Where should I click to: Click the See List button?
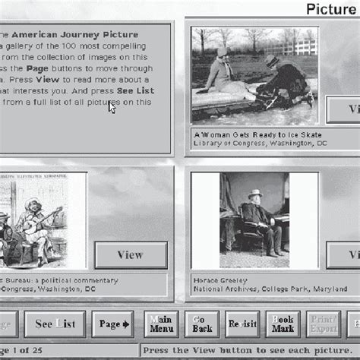(x=55, y=324)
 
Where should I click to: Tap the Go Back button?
(x=201, y=324)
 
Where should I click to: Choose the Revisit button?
(x=243, y=324)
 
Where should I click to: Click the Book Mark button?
(x=283, y=324)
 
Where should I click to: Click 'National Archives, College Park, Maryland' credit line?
(x=259, y=289)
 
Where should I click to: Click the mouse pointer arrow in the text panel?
(x=112, y=106)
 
